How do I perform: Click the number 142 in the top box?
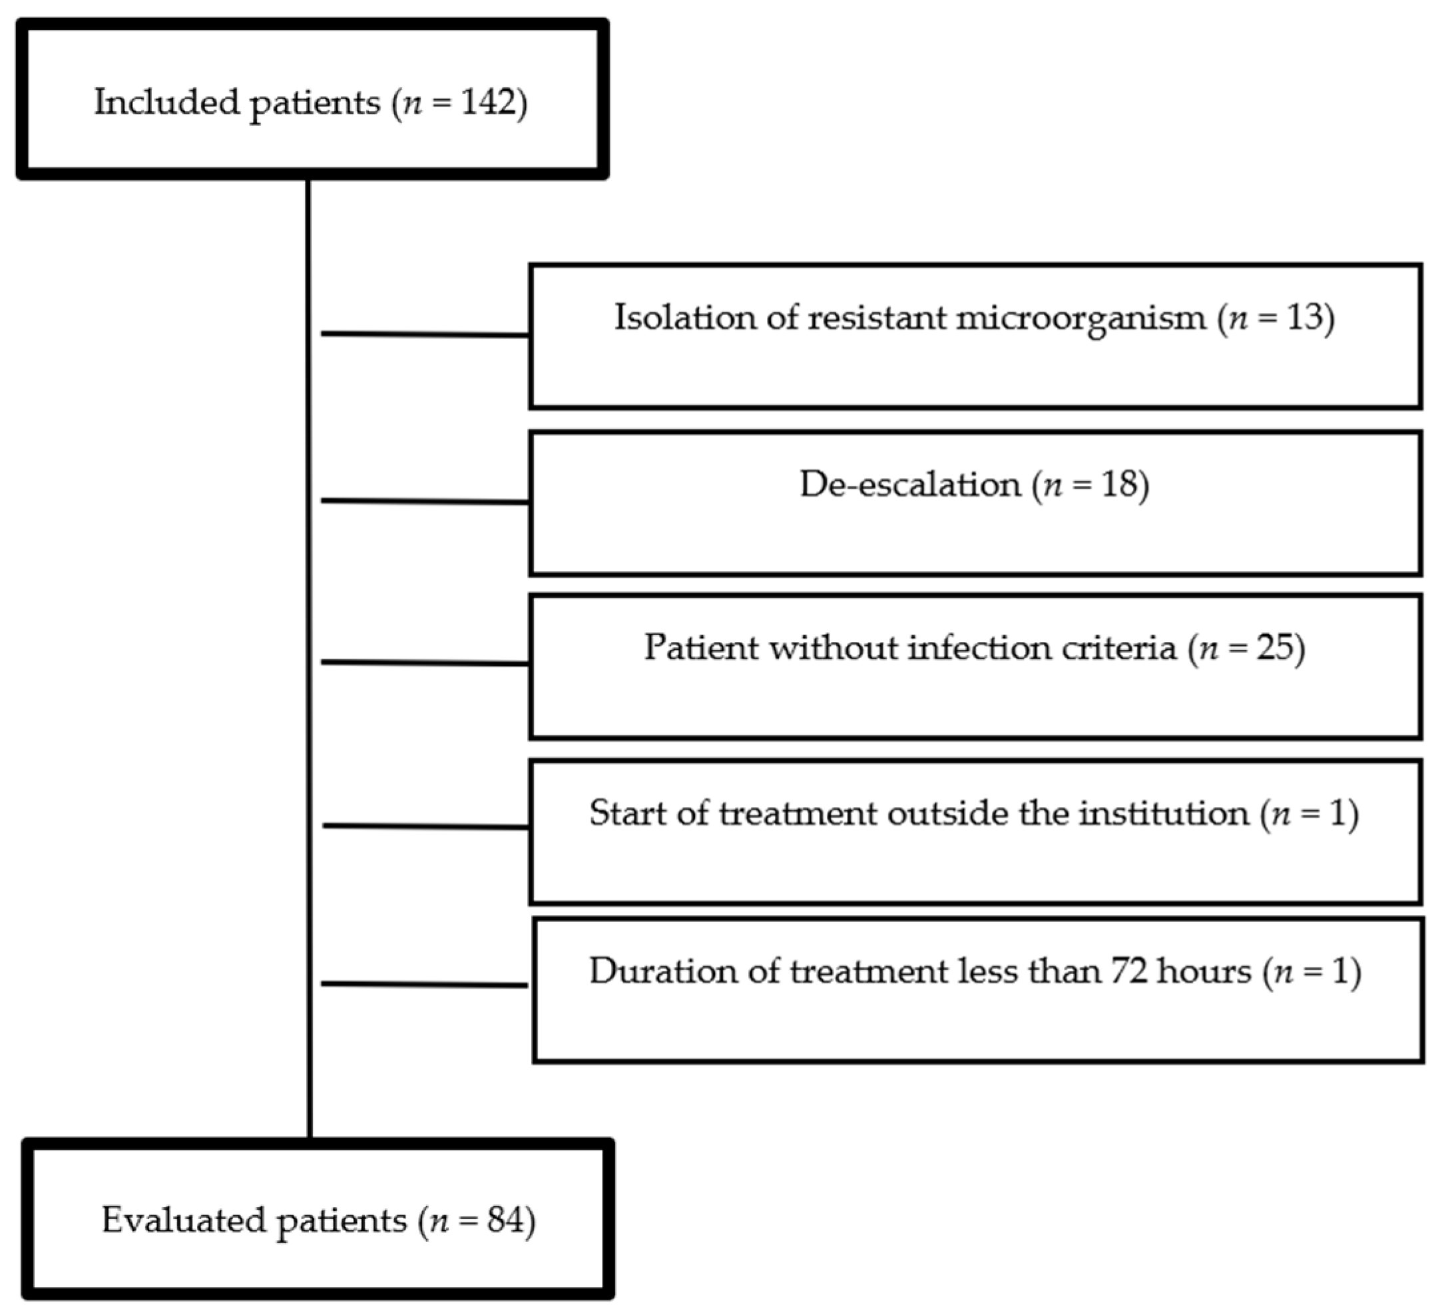tap(488, 102)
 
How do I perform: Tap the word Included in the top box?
tap(166, 102)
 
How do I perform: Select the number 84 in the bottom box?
tap(506, 1220)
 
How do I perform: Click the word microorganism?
tap(1080, 318)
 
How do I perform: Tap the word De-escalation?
tap(909, 484)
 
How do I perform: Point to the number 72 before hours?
tap(1128, 971)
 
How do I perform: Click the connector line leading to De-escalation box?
tap(425, 501)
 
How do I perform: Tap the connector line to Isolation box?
tap(425, 334)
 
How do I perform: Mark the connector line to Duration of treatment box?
tap(425, 984)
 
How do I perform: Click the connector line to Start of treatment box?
tap(426, 826)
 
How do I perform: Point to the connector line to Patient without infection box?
tap(425, 662)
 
